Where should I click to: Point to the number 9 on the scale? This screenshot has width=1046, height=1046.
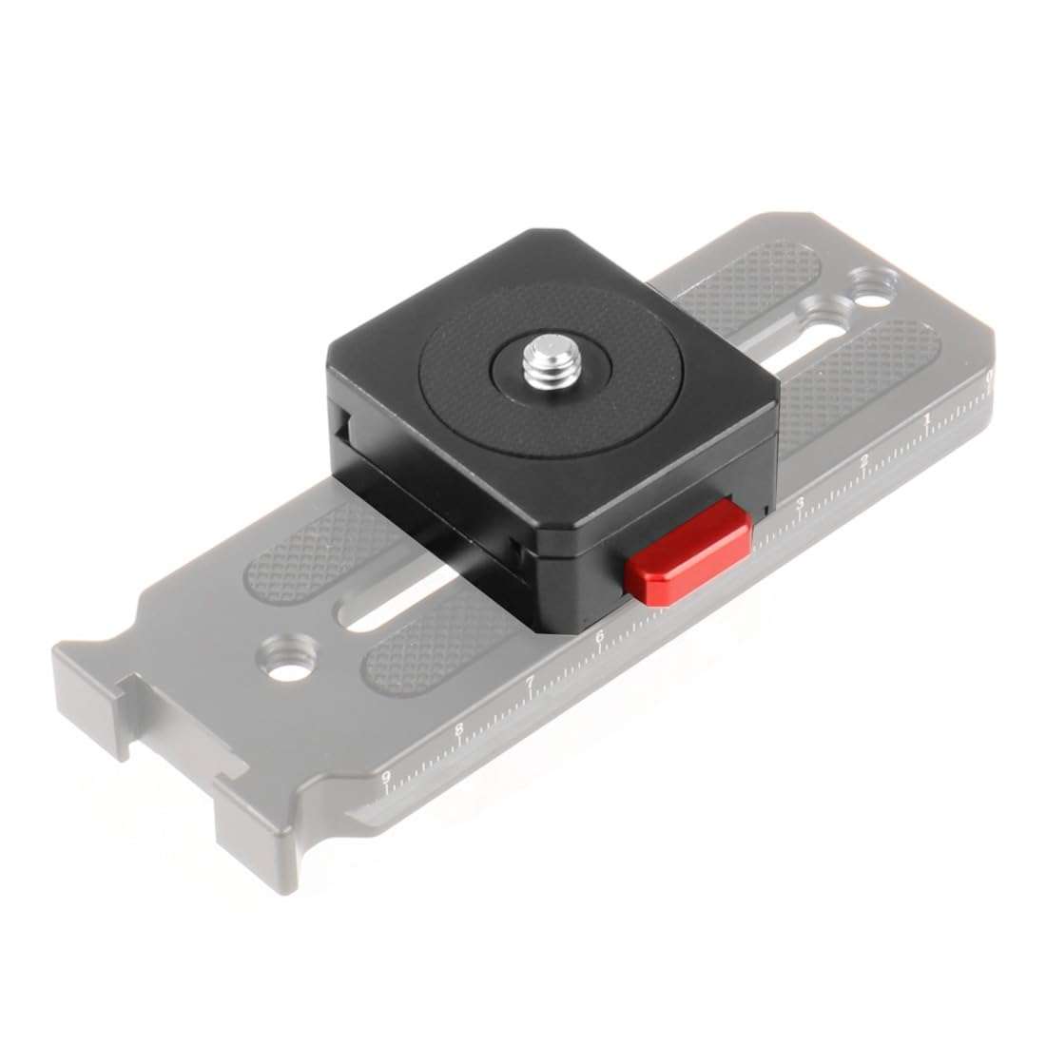(x=386, y=777)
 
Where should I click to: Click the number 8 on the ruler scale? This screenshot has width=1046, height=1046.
(x=459, y=729)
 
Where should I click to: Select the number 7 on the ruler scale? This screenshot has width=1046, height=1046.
(x=529, y=681)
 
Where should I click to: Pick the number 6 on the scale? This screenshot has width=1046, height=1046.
(x=599, y=637)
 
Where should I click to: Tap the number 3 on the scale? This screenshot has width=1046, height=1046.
(x=801, y=503)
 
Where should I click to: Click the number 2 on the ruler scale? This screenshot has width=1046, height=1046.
(x=863, y=462)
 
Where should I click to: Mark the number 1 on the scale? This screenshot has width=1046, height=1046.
(x=926, y=420)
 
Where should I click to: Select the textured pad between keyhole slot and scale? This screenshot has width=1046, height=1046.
(x=851, y=380)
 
